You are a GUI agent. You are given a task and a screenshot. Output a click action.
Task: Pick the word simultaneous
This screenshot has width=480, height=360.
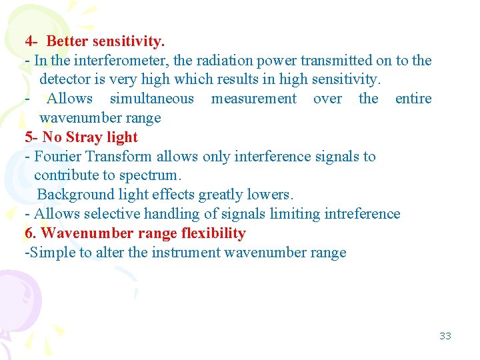(151, 99)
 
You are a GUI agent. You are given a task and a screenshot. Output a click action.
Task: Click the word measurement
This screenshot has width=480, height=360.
(253, 99)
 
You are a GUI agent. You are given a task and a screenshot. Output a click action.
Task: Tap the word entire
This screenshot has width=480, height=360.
(413, 99)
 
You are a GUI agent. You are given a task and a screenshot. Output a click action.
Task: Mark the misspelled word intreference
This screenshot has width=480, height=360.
(361, 214)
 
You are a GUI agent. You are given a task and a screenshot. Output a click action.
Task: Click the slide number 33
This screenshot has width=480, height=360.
(445, 336)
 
